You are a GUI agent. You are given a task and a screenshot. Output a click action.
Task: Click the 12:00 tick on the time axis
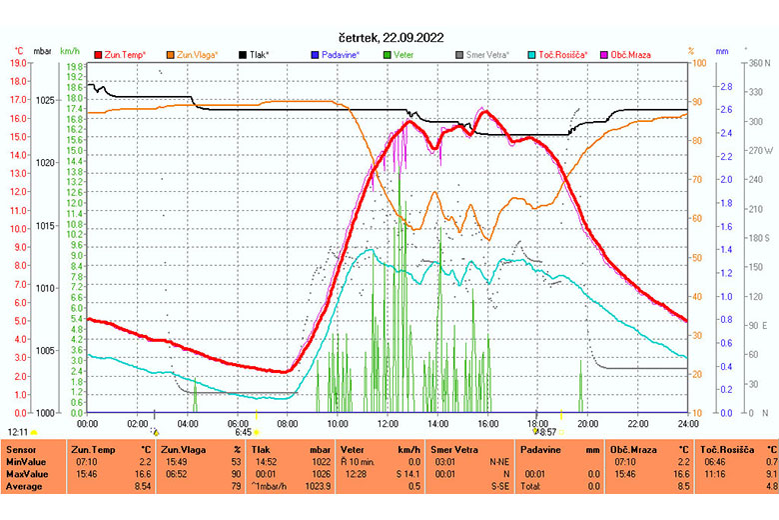pyautogui.click(x=388, y=423)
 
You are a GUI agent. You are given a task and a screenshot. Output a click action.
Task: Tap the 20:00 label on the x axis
pyautogui.click(x=587, y=423)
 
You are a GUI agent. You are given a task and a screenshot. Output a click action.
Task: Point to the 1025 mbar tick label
pyautogui.click(x=44, y=100)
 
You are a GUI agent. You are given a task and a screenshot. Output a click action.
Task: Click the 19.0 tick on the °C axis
pyautogui.click(x=17, y=63)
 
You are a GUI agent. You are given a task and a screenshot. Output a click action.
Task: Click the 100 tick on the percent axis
pyautogui.click(x=698, y=63)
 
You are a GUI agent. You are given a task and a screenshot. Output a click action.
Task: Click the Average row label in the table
pyautogui.click(x=24, y=487)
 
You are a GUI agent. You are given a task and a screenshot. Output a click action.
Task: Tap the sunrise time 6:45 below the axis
pyautogui.click(x=243, y=432)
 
